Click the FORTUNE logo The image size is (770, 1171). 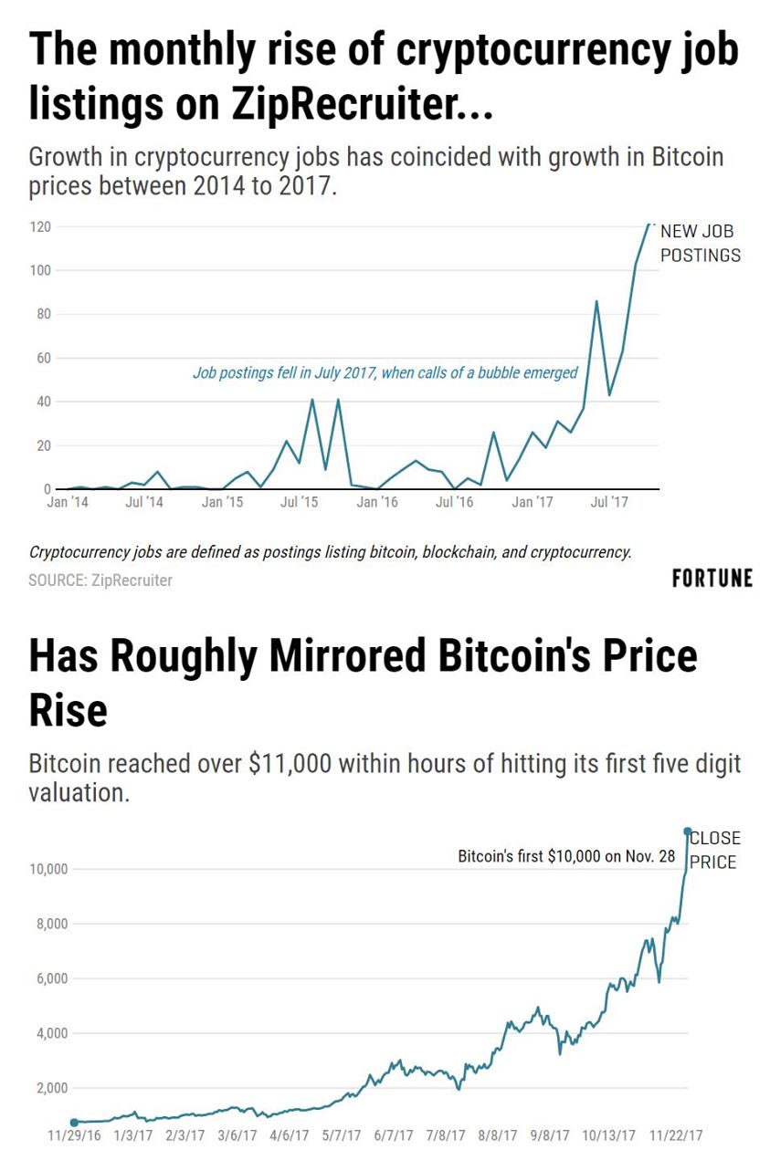pyautogui.click(x=712, y=578)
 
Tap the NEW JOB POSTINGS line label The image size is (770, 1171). pyautogui.click(x=700, y=244)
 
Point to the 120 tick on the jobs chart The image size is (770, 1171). pyautogui.click(x=41, y=226)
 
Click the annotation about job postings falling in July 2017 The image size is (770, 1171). pyautogui.click(x=385, y=372)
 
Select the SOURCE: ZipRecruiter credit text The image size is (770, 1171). pyautogui.click(x=100, y=580)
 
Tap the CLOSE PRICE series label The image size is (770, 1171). pyautogui.click(x=713, y=850)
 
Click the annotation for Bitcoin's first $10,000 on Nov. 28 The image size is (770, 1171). pyautogui.click(x=566, y=857)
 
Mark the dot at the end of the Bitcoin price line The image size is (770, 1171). pyautogui.click(x=688, y=831)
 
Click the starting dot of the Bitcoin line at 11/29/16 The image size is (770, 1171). pyautogui.click(x=74, y=1123)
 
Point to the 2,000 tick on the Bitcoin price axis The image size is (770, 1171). pyautogui.click(x=51, y=1088)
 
